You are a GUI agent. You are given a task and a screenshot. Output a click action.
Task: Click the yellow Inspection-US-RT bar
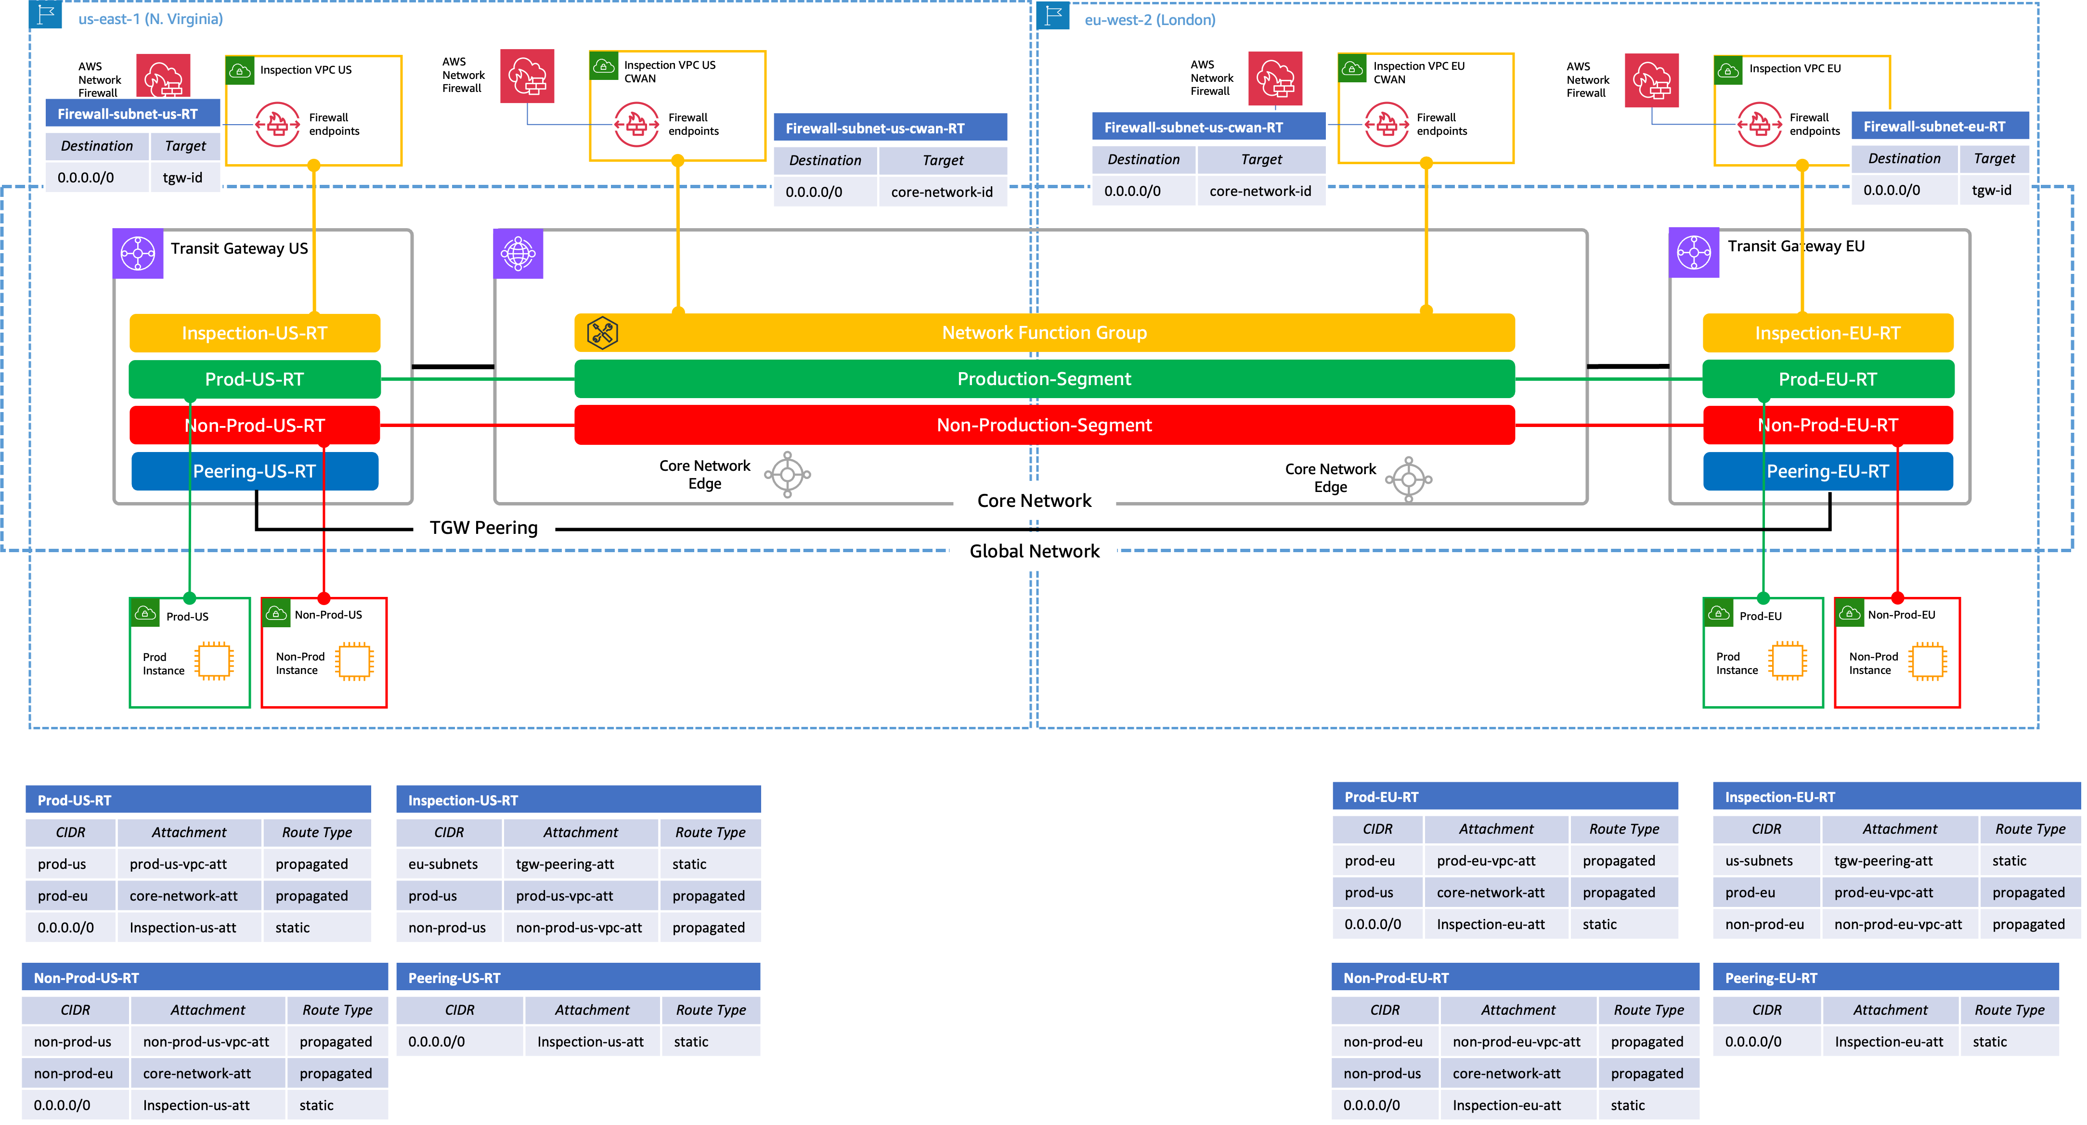pos(254,333)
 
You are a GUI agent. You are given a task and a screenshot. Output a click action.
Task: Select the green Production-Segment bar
pos(1044,379)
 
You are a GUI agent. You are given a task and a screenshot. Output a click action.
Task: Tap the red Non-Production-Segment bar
pos(1044,425)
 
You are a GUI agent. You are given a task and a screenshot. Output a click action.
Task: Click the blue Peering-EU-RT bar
pos(1827,471)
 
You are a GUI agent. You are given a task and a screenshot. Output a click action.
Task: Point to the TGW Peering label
pos(484,527)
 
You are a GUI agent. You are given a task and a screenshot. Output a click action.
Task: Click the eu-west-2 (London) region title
pos(1150,19)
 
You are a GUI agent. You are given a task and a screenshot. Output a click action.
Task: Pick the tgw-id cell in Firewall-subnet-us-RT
pos(183,177)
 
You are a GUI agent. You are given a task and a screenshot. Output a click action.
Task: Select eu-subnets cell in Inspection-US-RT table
pos(443,864)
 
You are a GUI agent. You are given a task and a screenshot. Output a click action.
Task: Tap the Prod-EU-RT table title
pos(1381,797)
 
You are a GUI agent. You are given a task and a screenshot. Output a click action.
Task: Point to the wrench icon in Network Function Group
pos(602,333)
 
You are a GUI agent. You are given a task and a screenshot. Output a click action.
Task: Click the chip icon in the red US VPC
pos(354,661)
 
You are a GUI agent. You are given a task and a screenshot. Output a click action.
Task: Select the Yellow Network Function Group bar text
pos(1044,333)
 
